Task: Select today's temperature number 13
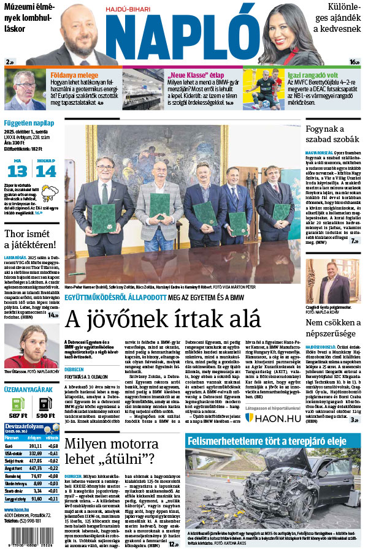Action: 17,171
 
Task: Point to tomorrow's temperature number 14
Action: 46,171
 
